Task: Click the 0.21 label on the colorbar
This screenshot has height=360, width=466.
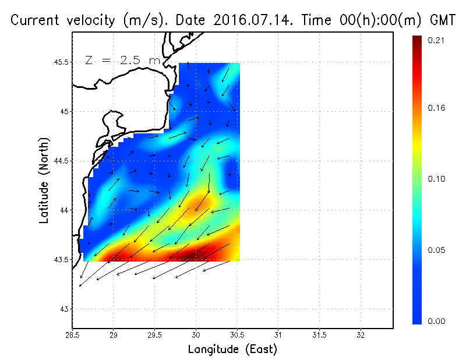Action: pos(436,40)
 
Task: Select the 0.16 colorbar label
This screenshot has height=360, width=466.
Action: pos(436,108)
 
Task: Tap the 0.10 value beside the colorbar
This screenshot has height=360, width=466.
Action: pos(436,179)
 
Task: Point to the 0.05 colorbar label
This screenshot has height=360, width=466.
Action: pos(436,250)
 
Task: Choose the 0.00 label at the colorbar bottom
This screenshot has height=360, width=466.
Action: pos(436,321)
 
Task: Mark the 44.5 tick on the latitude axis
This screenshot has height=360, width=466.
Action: pos(61,161)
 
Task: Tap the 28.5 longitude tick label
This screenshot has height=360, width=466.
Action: pos(72,336)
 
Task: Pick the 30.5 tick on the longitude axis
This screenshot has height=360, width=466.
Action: pos(236,336)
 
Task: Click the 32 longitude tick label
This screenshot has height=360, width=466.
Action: pos(361,336)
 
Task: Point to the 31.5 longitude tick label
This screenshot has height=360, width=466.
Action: pos(319,336)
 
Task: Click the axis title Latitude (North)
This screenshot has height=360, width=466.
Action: pos(44,181)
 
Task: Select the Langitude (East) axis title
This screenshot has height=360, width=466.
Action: pos(232,350)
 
